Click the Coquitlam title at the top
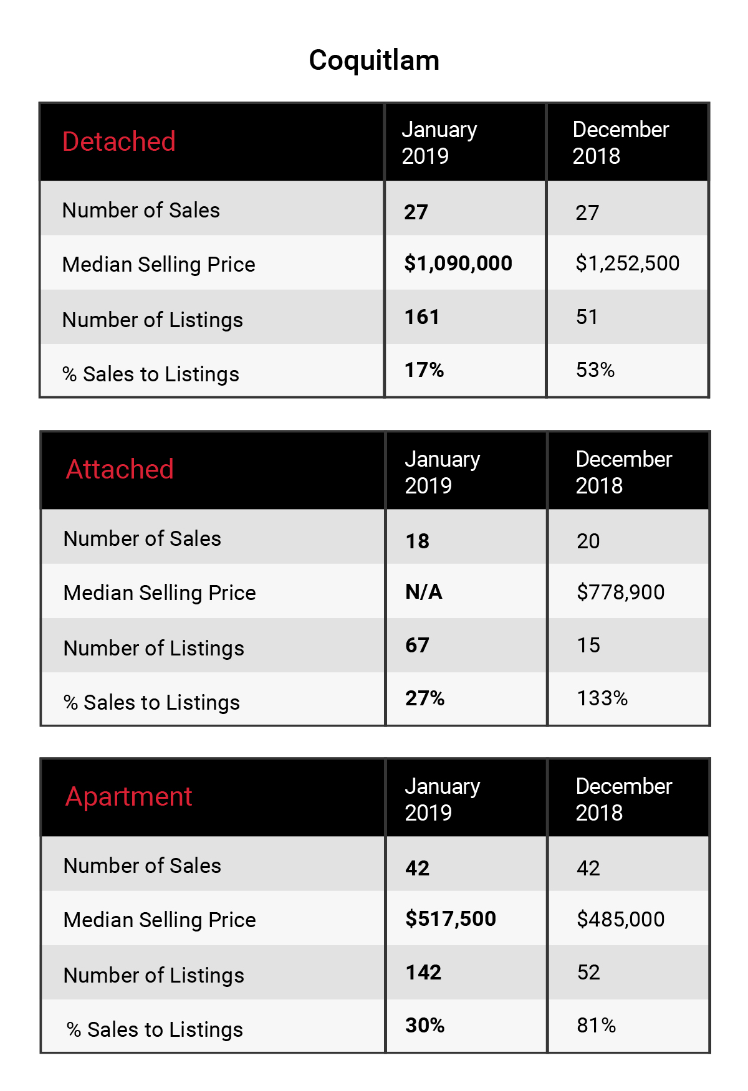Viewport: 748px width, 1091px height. (374, 60)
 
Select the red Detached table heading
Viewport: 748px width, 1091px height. (119, 141)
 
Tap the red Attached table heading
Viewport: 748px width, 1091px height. (120, 469)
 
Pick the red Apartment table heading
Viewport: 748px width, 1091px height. (129, 797)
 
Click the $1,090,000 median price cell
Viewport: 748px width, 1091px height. (458, 264)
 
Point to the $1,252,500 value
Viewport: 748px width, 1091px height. (628, 264)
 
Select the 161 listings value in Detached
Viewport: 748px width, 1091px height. (422, 317)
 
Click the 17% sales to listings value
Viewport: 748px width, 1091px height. (424, 370)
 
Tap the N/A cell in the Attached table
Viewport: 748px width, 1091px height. (424, 591)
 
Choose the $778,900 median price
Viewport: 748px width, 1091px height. (621, 592)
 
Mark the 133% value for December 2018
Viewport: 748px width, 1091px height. (602, 698)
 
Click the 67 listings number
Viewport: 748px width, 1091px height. (417, 645)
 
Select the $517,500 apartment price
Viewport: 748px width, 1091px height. (451, 918)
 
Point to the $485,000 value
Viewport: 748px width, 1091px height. (621, 919)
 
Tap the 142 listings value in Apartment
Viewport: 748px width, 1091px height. (423, 973)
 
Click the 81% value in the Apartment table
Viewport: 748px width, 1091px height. (596, 1026)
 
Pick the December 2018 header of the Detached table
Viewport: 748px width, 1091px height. (621, 143)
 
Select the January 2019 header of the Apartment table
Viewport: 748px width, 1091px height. (443, 799)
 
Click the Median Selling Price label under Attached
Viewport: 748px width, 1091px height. (160, 593)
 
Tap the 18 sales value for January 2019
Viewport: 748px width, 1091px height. (417, 541)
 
